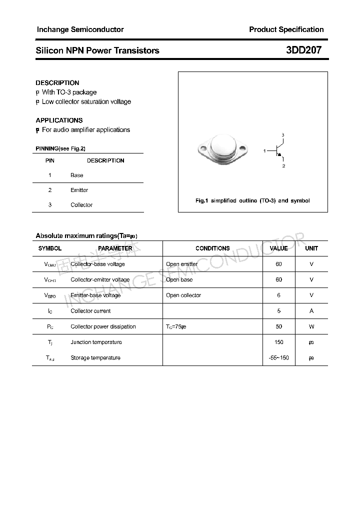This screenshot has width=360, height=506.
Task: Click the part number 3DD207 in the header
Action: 303,50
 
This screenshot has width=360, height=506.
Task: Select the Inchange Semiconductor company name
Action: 80,29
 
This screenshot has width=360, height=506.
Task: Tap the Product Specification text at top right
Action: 286,29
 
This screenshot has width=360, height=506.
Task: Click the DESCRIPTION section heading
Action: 57,82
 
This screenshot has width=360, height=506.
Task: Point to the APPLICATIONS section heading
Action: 59,120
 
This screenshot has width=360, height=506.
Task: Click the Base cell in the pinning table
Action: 77,175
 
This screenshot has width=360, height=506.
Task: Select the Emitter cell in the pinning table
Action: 79,190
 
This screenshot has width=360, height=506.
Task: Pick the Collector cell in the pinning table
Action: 81,205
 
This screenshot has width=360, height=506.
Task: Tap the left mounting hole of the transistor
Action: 202,148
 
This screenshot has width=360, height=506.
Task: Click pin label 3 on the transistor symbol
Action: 282,135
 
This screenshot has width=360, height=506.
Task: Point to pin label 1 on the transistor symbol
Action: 264,150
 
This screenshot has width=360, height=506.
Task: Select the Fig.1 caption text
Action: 252,200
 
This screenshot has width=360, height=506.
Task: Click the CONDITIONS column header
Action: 212,248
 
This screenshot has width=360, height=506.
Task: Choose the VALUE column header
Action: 278,248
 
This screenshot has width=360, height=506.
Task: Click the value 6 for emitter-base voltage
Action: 278,295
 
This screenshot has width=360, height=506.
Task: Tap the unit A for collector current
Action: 311,311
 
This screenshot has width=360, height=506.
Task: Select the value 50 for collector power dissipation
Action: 278,326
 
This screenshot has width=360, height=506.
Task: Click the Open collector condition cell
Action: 183,295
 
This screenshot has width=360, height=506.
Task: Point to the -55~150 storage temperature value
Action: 278,358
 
